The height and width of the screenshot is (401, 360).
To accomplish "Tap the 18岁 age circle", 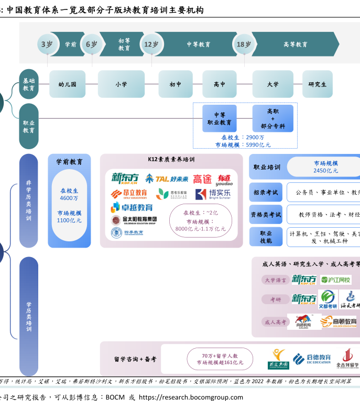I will (x=244, y=44).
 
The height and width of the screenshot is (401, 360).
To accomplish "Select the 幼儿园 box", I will (x=67, y=84).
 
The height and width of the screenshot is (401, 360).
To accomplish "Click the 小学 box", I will (x=121, y=84).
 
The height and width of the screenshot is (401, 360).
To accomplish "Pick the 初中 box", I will (x=176, y=84).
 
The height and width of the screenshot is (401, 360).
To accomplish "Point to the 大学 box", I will (x=272, y=84).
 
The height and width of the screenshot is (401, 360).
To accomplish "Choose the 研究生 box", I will (x=317, y=84).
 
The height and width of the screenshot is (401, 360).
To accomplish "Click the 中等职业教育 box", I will (x=219, y=119).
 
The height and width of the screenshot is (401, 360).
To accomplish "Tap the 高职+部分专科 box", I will (x=272, y=119).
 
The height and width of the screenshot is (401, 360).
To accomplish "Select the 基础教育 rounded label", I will (x=29, y=84).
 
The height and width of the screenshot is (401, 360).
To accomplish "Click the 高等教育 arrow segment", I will (x=296, y=44).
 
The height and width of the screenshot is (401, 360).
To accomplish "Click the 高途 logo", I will (x=202, y=180).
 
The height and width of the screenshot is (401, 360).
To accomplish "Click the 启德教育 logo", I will (x=312, y=359).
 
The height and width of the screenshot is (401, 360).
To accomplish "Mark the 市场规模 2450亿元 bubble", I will (x=325, y=167).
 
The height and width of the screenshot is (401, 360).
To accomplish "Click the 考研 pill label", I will (x=276, y=299).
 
